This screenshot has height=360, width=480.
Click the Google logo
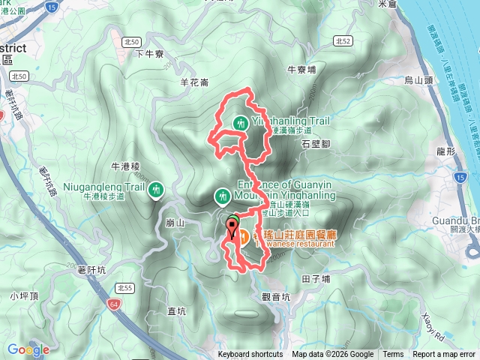pos(29,349)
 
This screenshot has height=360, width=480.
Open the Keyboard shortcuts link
pos(250,355)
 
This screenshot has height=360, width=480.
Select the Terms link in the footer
pos(393,355)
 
